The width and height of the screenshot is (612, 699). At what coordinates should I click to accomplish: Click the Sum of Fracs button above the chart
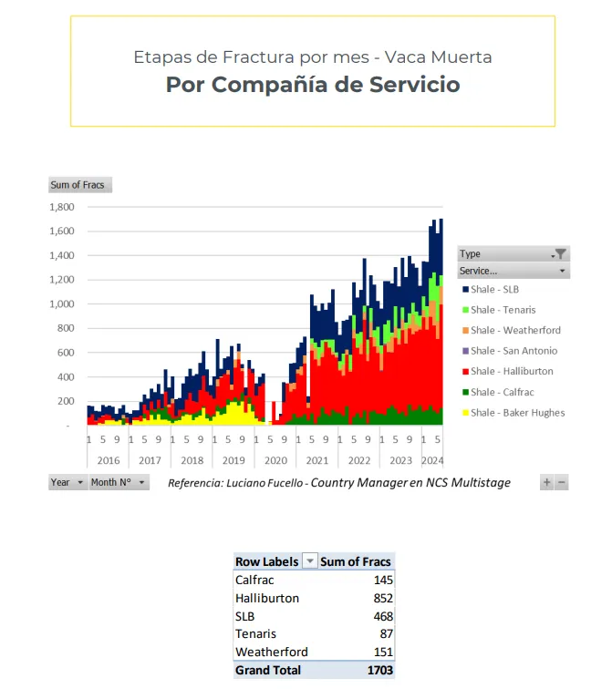pos(78,185)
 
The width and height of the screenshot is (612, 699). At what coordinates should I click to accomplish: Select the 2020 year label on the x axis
pos(275,461)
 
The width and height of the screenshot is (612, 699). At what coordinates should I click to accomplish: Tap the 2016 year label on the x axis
pos(109,461)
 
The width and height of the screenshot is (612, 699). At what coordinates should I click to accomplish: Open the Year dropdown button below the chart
pos(67,482)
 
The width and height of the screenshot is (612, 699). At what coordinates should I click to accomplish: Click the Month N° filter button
pos(119,482)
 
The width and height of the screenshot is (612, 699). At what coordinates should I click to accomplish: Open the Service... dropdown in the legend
pos(513,271)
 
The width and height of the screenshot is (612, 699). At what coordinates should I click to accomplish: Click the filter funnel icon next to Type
pos(561,254)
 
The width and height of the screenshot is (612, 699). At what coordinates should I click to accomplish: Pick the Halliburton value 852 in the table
pos(382,598)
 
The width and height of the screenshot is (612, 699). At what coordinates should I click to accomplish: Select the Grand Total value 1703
pos(379,670)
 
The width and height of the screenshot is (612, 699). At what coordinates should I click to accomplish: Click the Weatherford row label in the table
pos(271,652)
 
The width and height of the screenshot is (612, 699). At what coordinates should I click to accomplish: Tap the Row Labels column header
pos(266,561)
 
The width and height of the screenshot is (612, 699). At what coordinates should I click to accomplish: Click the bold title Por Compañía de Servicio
pos(312,85)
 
